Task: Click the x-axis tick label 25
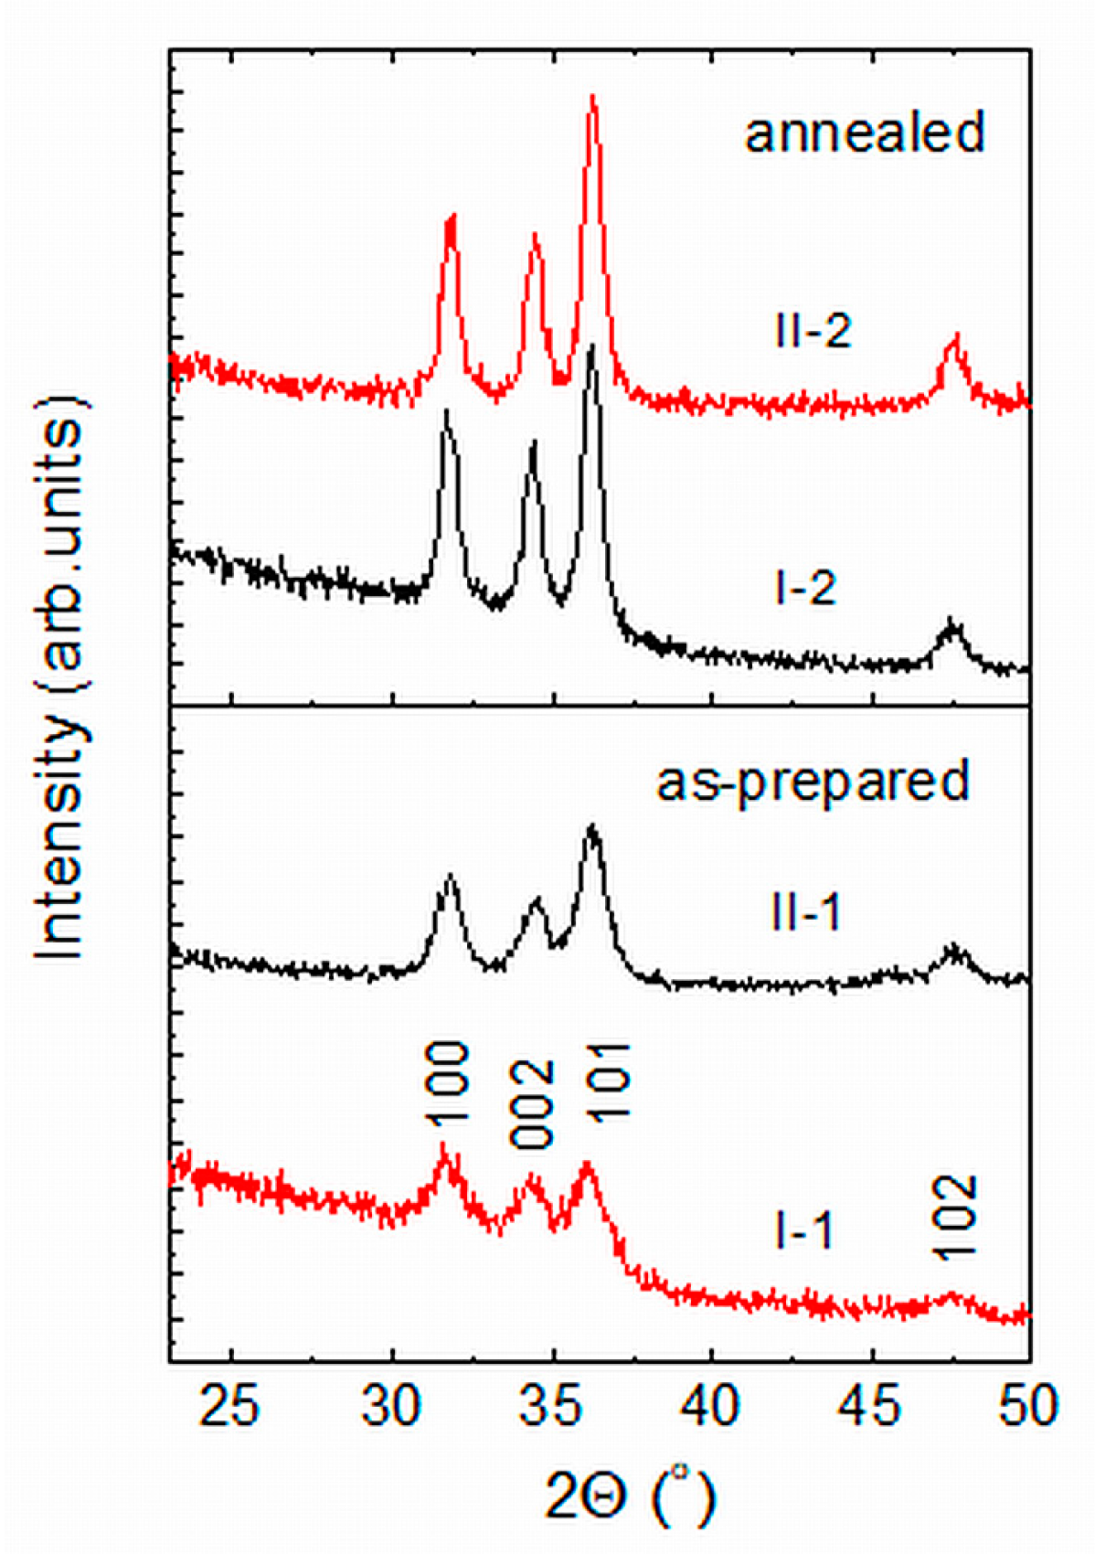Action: pyautogui.click(x=231, y=1405)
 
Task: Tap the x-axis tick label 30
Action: pyautogui.click(x=392, y=1405)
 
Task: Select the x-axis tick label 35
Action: pyautogui.click(x=552, y=1405)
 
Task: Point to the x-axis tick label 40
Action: pyautogui.click(x=711, y=1405)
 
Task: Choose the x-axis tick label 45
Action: pyautogui.click(x=871, y=1405)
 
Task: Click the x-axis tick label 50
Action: pyautogui.click(x=1028, y=1405)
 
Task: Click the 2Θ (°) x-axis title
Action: pyautogui.click(x=631, y=1495)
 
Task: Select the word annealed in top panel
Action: pyautogui.click(x=865, y=133)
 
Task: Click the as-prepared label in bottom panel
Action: pyautogui.click(x=813, y=782)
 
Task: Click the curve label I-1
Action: pyautogui.click(x=803, y=1231)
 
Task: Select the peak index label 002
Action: pyautogui.click(x=533, y=1103)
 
